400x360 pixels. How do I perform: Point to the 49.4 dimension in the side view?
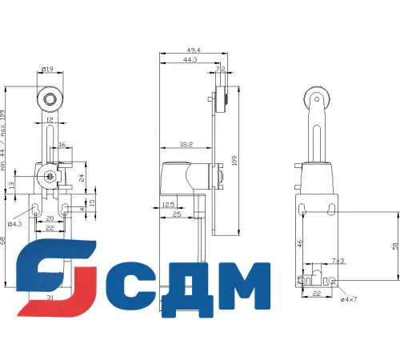tap(191, 51)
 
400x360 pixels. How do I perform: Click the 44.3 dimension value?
tap(190, 60)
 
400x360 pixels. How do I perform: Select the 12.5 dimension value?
tap(169, 205)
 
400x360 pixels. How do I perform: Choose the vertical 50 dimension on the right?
tap(395, 246)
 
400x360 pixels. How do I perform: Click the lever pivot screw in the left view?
tap(48, 178)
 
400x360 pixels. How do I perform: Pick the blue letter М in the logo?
tap(241, 289)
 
